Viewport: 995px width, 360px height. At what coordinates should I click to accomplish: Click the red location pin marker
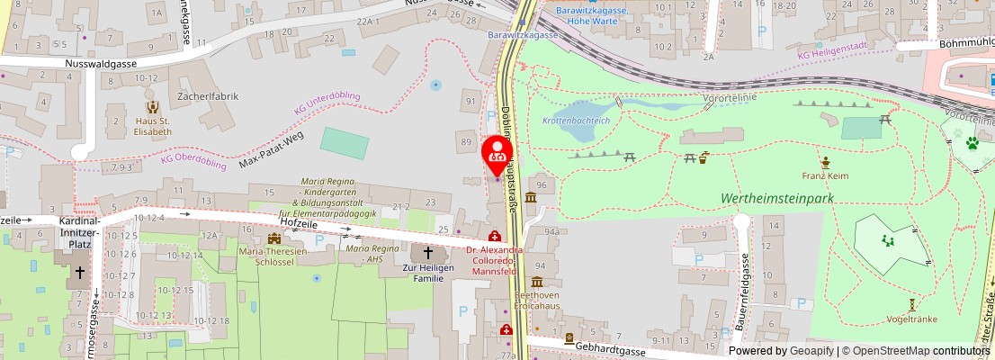tap(497, 155)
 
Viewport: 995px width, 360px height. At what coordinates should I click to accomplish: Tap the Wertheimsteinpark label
tap(778, 197)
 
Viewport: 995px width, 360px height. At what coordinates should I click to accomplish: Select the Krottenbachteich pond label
tap(577, 120)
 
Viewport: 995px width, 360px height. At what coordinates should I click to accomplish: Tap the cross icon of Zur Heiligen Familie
tap(428, 254)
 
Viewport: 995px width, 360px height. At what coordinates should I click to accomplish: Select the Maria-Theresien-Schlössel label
tap(273, 257)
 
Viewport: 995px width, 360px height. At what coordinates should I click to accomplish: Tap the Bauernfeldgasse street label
tap(746, 285)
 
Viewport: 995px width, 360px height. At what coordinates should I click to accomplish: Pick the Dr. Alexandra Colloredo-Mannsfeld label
tap(494, 259)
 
